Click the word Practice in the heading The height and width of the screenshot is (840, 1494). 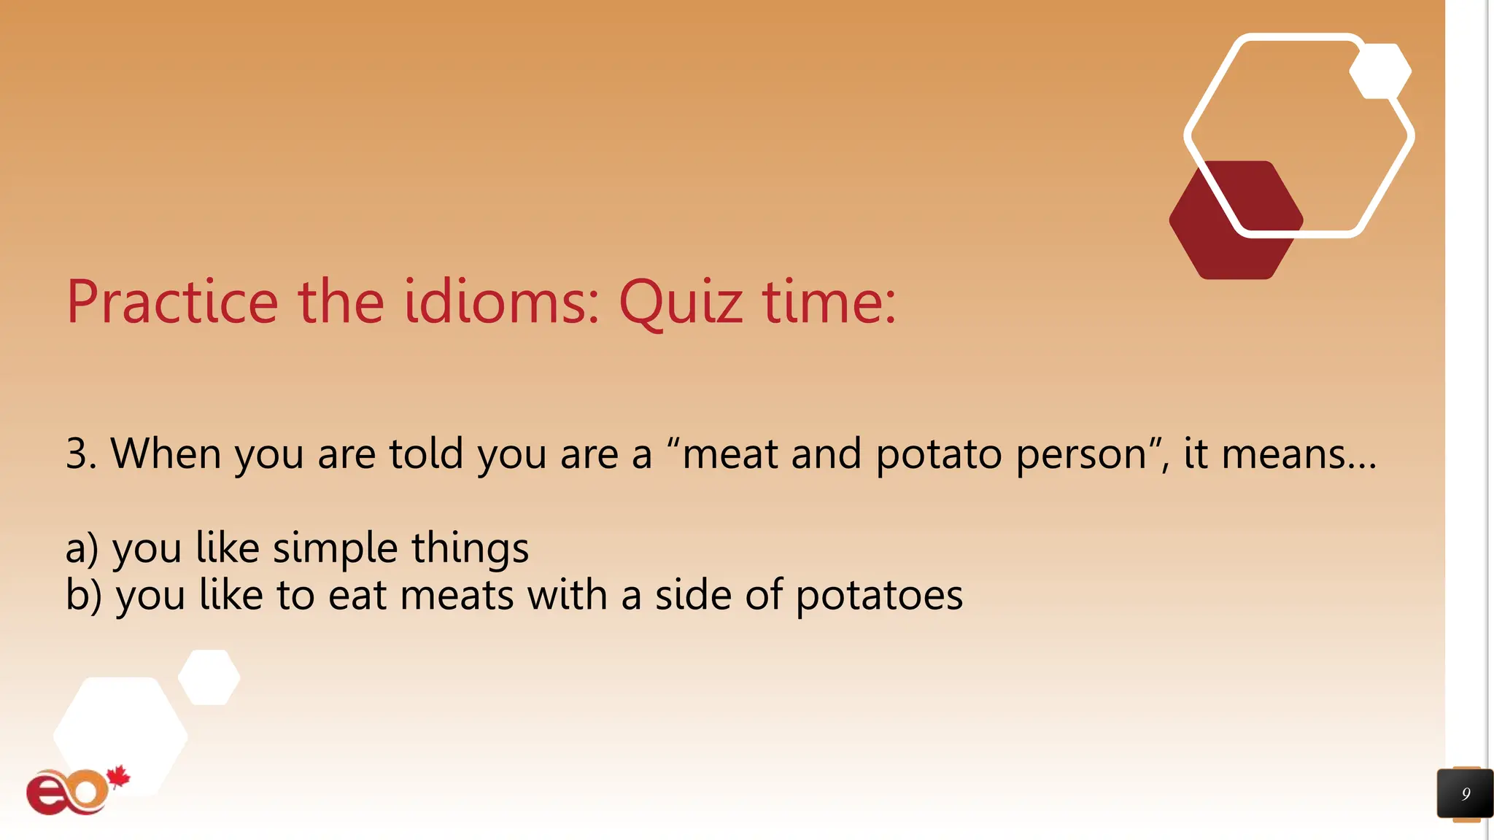coord(172,302)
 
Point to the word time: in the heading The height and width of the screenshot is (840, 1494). coord(829,302)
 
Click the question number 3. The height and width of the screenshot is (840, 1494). coord(80,454)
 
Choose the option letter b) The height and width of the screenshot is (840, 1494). coord(83,595)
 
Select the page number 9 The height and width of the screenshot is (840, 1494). coord(1466,793)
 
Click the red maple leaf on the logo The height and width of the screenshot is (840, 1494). coord(118,777)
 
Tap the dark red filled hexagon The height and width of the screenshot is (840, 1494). coord(1226,233)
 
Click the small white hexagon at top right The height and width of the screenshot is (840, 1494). coord(1380,71)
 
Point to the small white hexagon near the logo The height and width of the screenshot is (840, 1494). coord(209,677)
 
